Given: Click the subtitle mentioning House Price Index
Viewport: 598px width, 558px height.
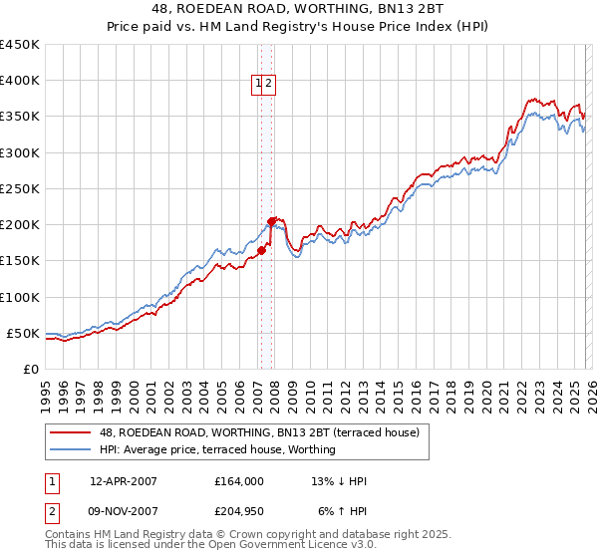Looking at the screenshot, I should [x=299, y=28].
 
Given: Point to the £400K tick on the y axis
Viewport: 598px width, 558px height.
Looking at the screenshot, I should [x=20, y=81].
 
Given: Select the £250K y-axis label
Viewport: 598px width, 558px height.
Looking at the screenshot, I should [x=20, y=188].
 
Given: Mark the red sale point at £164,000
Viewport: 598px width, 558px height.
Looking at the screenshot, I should [x=260, y=251].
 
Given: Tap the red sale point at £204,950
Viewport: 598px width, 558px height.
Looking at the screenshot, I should [x=271, y=221].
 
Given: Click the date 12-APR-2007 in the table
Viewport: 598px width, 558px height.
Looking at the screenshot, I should [x=124, y=481].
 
